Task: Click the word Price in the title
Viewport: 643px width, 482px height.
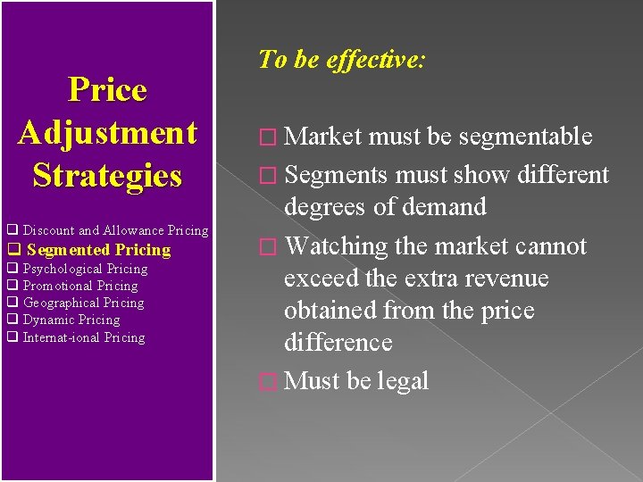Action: (x=107, y=90)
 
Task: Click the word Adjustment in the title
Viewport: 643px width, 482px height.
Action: (x=107, y=133)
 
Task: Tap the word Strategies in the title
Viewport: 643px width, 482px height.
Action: (x=107, y=175)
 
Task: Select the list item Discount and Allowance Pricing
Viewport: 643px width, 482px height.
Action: (x=115, y=231)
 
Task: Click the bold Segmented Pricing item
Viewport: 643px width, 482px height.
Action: (x=98, y=250)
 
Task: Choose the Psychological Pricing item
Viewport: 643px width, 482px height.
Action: (x=85, y=269)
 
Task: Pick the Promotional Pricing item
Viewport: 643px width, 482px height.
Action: (x=80, y=286)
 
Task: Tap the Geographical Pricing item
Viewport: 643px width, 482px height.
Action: (x=83, y=303)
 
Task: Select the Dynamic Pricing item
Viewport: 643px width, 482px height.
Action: (x=71, y=320)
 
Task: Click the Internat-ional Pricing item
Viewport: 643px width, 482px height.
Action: (x=84, y=337)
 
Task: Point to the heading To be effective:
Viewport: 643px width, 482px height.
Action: (x=342, y=60)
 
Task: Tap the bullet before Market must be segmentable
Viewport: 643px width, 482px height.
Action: (x=264, y=137)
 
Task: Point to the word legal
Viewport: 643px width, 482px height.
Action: (x=403, y=381)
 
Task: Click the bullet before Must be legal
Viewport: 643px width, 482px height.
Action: (x=264, y=382)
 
